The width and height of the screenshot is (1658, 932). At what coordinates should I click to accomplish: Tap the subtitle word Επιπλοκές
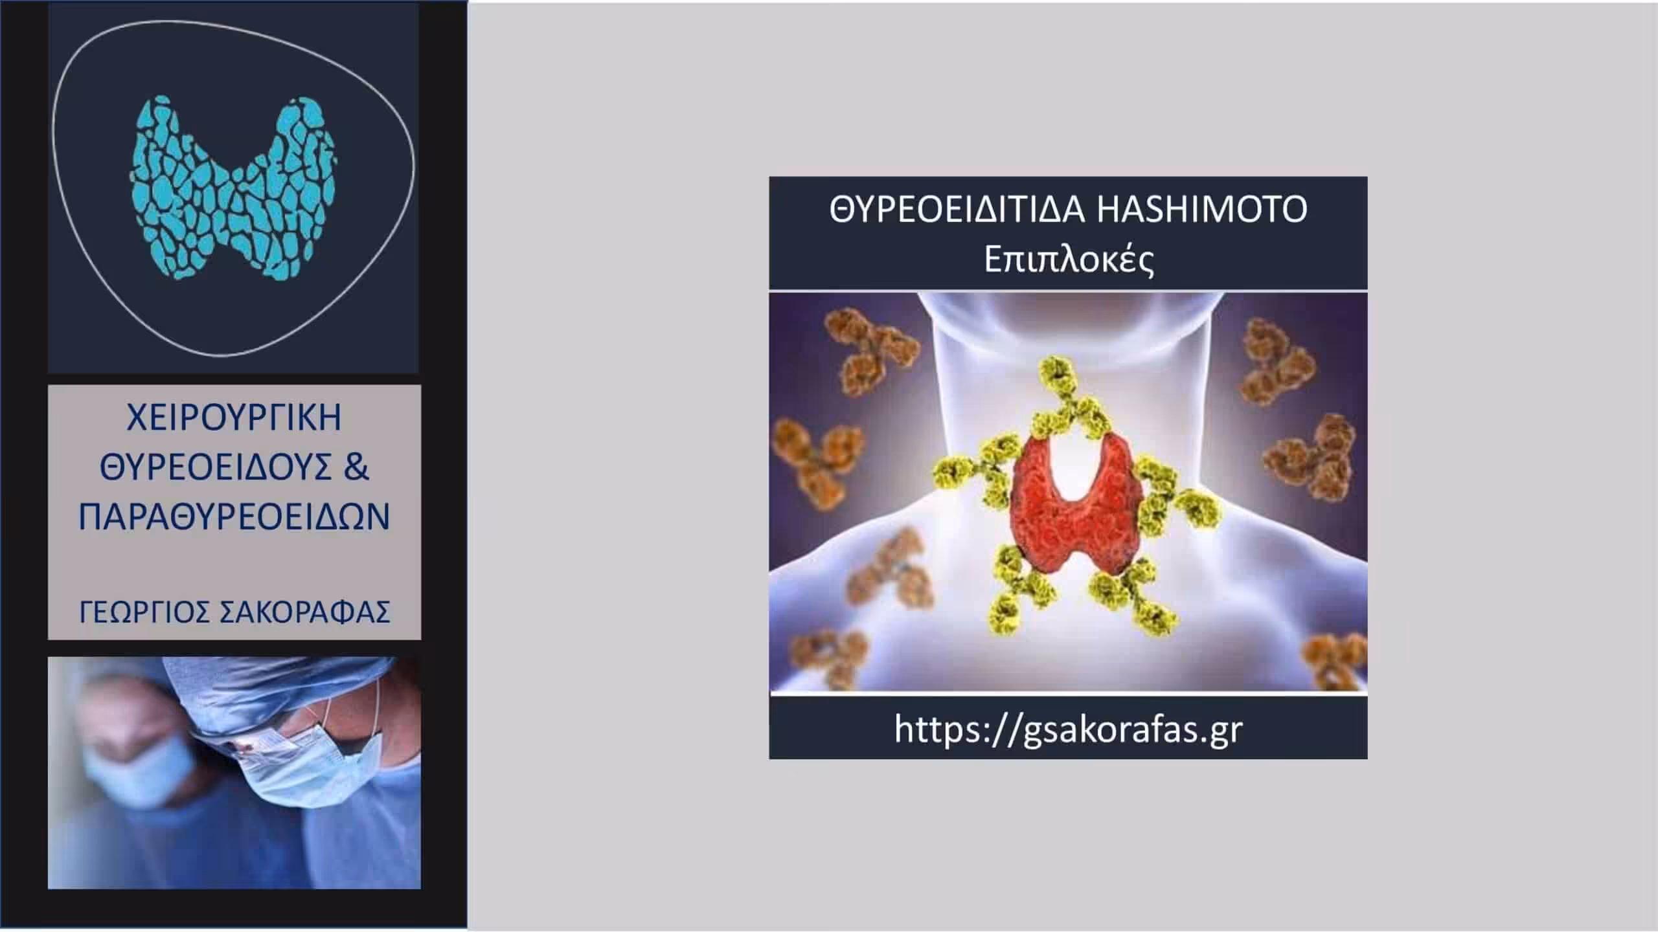[1069, 261]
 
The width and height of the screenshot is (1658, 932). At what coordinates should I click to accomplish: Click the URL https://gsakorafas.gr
[1069, 729]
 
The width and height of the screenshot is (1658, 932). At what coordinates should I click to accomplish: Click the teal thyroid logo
[234, 188]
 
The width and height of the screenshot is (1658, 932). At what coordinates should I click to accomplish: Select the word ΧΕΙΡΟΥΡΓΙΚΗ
[234, 417]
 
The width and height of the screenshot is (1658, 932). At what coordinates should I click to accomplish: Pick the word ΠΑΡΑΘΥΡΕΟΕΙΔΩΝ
[234, 517]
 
